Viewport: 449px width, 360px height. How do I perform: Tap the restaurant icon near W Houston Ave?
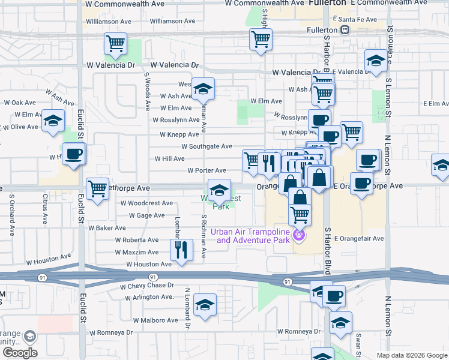coord(181,249)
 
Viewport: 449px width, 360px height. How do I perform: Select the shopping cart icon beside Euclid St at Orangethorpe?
coord(97,188)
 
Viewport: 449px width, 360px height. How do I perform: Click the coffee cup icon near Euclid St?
coord(74,154)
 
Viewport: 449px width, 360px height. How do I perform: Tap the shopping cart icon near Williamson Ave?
coord(115,43)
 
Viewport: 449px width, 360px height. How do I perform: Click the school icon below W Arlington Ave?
coord(205,304)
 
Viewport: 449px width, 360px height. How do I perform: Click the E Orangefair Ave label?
coord(359,238)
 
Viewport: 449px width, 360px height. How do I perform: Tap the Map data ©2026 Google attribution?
coord(412,355)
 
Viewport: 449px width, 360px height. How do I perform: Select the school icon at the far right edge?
coord(441,165)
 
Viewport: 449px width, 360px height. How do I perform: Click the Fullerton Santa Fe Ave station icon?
coord(345,29)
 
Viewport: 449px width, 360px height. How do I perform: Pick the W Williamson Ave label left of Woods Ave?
coord(109,21)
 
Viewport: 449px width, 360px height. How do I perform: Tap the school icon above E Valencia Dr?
coord(376,60)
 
